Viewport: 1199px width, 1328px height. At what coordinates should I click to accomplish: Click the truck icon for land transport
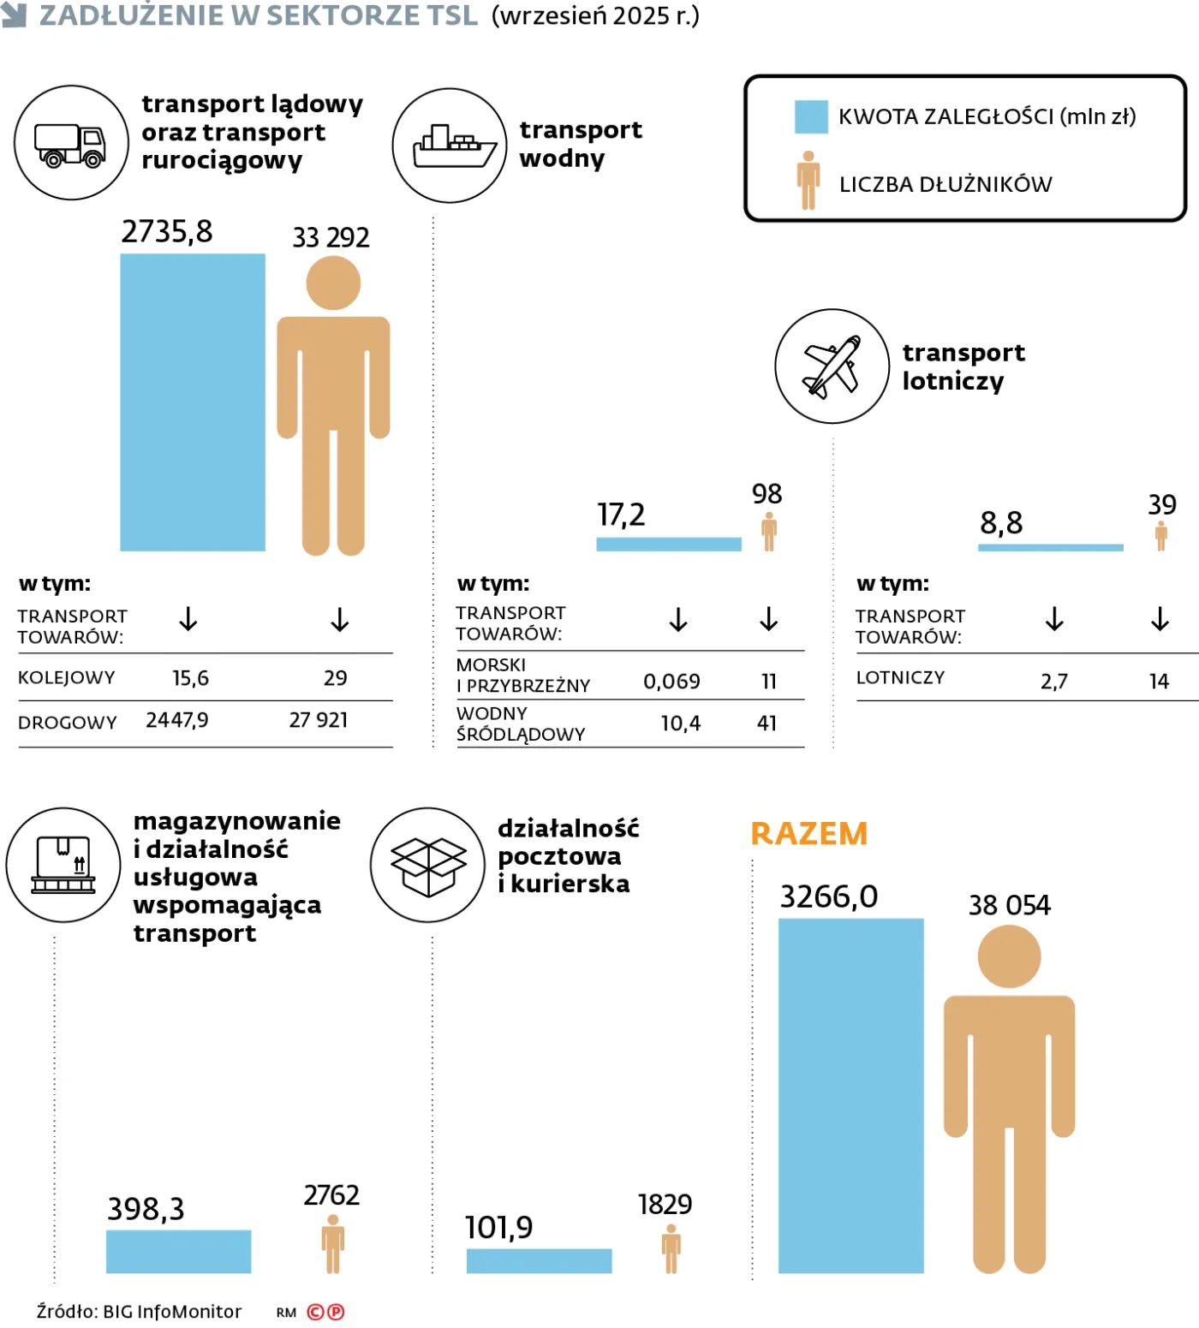click(71, 144)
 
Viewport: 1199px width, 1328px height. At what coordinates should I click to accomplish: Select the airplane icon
click(832, 366)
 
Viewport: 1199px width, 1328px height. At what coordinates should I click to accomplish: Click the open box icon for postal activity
click(428, 865)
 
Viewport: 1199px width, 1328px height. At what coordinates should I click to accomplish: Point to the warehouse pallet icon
click(63, 865)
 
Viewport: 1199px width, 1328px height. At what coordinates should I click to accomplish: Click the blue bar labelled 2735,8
click(193, 402)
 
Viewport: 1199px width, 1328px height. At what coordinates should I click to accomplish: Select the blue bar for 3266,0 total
click(850, 1096)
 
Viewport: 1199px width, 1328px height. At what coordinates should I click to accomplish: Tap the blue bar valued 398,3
click(178, 1252)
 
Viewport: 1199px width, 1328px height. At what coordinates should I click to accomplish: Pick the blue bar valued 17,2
click(668, 545)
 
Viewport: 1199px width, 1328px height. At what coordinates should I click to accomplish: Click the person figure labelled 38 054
click(1009, 1105)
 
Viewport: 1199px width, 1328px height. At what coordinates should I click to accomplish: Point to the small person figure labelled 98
click(769, 532)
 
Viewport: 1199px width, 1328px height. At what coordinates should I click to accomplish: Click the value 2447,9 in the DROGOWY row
click(177, 720)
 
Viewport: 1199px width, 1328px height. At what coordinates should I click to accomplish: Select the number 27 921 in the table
click(319, 720)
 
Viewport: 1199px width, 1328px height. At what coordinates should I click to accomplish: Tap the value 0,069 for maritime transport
click(671, 682)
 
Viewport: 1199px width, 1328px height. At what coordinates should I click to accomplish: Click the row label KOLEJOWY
click(67, 677)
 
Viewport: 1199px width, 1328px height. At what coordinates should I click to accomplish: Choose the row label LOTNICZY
click(900, 677)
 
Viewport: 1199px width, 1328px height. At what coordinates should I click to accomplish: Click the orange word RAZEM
click(809, 834)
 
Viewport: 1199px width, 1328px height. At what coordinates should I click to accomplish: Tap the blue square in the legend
click(811, 117)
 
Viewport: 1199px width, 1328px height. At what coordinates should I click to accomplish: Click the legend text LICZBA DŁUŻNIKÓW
click(945, 184)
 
